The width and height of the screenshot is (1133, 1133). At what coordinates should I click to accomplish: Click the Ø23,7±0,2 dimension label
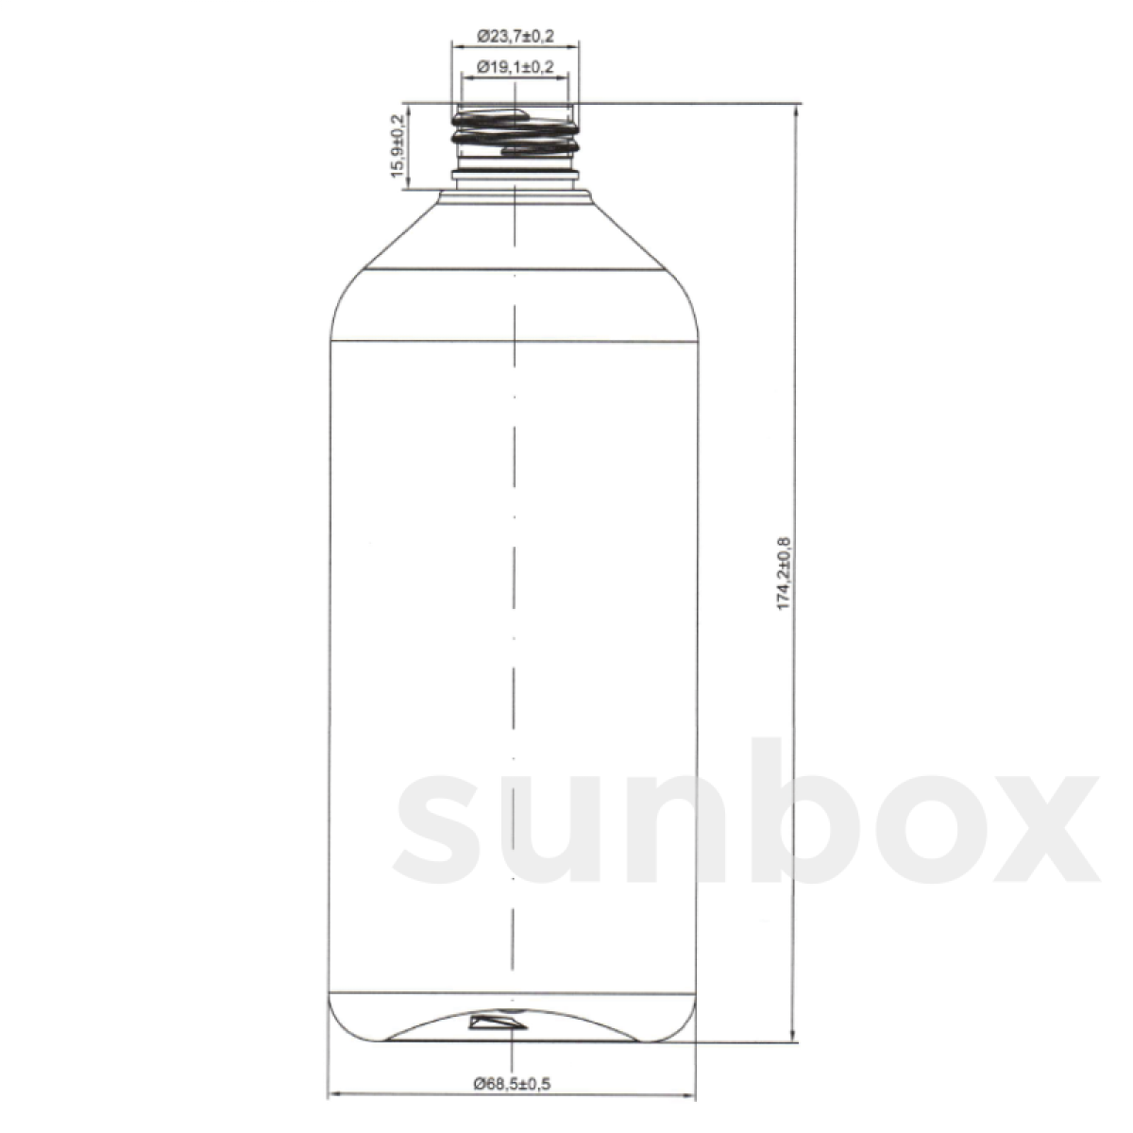tap(516, 37)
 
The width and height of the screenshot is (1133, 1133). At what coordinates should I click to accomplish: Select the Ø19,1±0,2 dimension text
tap(516, 67)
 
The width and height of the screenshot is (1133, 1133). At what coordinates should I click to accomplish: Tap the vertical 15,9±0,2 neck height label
tap(397, 145)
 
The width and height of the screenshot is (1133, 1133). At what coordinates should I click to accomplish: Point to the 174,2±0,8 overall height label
tap(783, 573)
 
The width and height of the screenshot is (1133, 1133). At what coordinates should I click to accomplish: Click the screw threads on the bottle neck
tap(516, 132)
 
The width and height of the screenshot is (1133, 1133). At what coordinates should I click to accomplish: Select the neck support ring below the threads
tap(516, 175)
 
